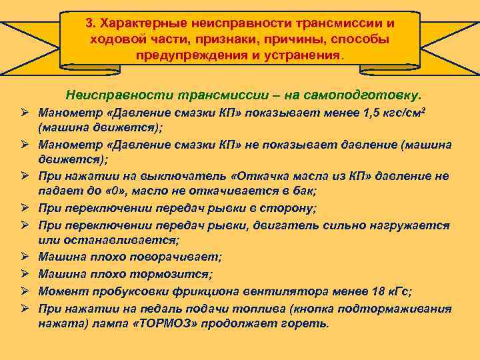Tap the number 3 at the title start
tap(89, 23)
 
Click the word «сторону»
tap(285, 208)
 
